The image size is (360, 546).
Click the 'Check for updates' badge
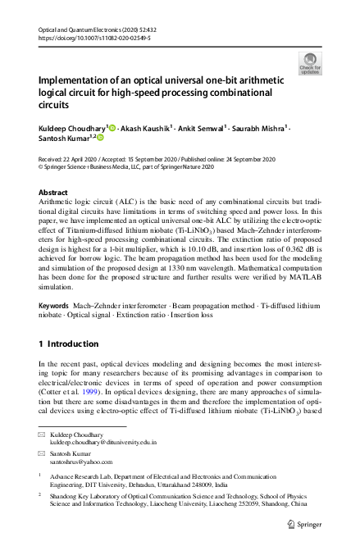coord(311,63)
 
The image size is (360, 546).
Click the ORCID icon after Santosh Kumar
coord(103,140)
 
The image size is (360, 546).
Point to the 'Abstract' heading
coord(54,192)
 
